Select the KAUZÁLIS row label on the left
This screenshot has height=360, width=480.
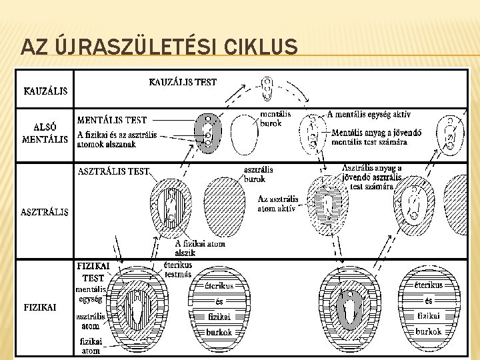(45, 91)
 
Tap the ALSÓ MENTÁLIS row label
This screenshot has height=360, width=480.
(45, 133)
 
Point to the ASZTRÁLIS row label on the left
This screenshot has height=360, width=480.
(46, 212)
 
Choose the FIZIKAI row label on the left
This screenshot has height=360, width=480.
(40, 307)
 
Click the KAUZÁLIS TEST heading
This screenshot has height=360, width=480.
(183, 83)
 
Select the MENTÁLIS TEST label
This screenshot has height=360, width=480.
(112, 121)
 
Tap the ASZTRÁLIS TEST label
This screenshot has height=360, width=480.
(113, 171)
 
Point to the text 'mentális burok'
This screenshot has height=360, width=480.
(271, 118)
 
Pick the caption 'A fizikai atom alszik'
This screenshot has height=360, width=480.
(202, 248)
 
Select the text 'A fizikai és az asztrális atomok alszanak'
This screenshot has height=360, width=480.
(117, 139)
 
